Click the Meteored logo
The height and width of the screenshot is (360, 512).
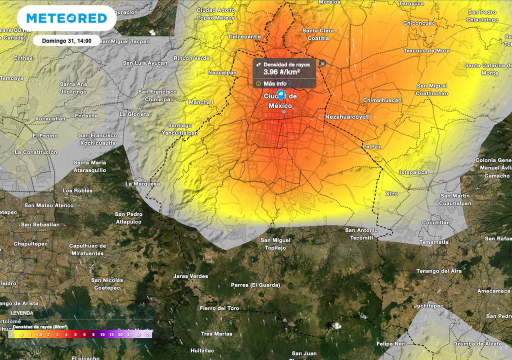[x=66, y=18]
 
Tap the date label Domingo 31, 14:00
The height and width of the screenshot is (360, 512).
[x=66, y=40]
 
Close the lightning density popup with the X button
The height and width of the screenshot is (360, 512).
[x=322, y=63]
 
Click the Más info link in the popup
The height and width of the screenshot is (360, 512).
[x=274, y=83]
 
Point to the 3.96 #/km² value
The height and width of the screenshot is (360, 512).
[x=281, y=72]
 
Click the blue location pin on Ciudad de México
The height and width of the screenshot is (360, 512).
[x=281, y=95]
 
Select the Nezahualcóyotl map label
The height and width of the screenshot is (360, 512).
[x=347, y=116]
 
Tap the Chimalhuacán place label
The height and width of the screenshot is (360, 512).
[x=382, y=100]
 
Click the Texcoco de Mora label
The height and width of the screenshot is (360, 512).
[x=426, y=50]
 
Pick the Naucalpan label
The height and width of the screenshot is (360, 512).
[x=222, y=72]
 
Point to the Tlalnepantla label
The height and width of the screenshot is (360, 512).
[x=244, y=36]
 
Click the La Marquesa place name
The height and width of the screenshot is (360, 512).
[x=142, y=183]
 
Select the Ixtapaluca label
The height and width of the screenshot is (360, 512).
[x=413, y=172]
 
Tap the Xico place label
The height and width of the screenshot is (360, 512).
[x=391, y=193]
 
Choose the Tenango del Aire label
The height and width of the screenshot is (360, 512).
[x=439, y=271]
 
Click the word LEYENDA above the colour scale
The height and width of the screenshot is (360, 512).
[x=22, y=313]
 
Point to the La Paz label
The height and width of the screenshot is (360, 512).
[x=372, y=146]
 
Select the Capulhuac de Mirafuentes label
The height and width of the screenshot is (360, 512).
[x=87, y=249]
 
